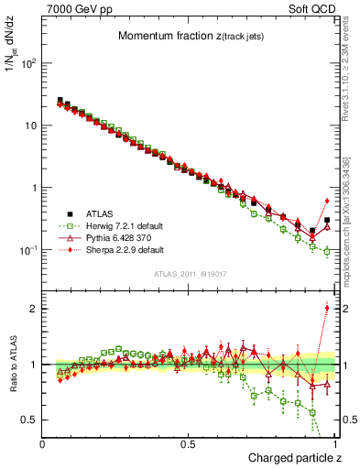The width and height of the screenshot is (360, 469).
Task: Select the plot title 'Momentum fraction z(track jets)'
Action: [x=190, y=36]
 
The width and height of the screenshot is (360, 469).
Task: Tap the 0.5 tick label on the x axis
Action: [x=189, y=442]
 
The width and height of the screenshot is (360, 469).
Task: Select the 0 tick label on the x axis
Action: [x=42, y=442]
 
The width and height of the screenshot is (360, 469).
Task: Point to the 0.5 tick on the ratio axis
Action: [x=29, y=420]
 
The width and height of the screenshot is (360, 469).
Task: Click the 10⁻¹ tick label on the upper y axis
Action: [x=28, y=250]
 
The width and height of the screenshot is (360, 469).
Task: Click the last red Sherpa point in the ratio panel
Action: [x=327, y=308]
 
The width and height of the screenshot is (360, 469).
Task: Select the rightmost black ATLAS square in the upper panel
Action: [x=327, y=220]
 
